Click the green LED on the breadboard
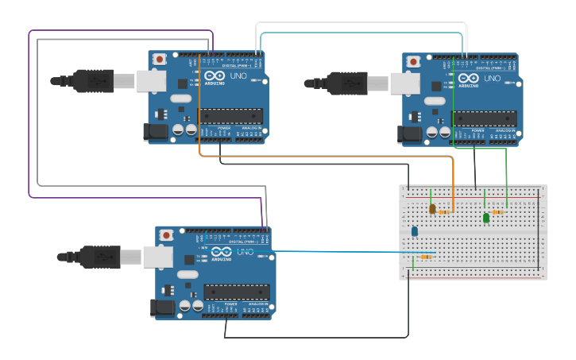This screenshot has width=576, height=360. (486, 217)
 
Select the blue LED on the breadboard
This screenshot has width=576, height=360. (414, 231)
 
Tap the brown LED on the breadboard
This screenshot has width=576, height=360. (432, 209)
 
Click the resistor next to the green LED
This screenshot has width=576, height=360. (498, 212)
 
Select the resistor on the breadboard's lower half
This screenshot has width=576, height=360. (426, 257)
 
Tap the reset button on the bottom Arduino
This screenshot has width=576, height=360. (167, 235)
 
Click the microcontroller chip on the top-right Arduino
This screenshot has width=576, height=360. (485, 118)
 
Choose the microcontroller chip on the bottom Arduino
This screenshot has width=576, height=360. (237, 292)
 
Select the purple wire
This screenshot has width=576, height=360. (30, 119)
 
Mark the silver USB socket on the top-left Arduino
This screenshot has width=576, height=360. (151, 81)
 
